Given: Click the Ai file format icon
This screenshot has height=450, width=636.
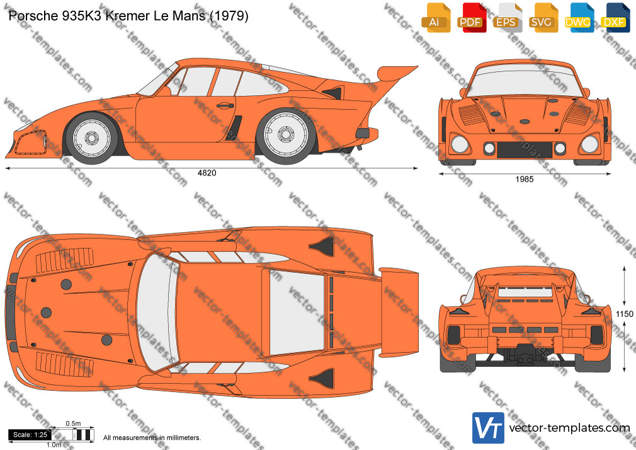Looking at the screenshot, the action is pos(436,18).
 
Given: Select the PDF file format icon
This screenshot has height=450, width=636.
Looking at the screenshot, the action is pos(472,18).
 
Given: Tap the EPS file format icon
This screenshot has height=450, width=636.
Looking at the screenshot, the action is pos(508,18).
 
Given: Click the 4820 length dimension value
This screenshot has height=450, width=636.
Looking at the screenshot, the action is pos(207,173).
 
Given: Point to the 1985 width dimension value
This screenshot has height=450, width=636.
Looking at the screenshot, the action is pos(525,179).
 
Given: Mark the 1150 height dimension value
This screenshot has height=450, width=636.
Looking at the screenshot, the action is pos(624,313).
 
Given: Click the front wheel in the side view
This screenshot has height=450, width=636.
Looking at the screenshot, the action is pos(91,137).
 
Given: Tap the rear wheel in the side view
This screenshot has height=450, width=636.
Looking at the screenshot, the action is pos(285,136).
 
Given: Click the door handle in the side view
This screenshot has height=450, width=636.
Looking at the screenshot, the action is pos(225,106).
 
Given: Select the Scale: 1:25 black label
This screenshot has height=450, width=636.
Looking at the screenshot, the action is pos(30,435).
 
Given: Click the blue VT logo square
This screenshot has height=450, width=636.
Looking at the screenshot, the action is pos(488,428).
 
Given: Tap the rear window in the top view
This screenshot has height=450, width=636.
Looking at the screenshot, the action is pos(297,313).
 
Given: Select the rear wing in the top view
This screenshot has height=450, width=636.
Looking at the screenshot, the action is pos(399,313).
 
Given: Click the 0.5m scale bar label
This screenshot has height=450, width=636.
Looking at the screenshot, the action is pos(74,424).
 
